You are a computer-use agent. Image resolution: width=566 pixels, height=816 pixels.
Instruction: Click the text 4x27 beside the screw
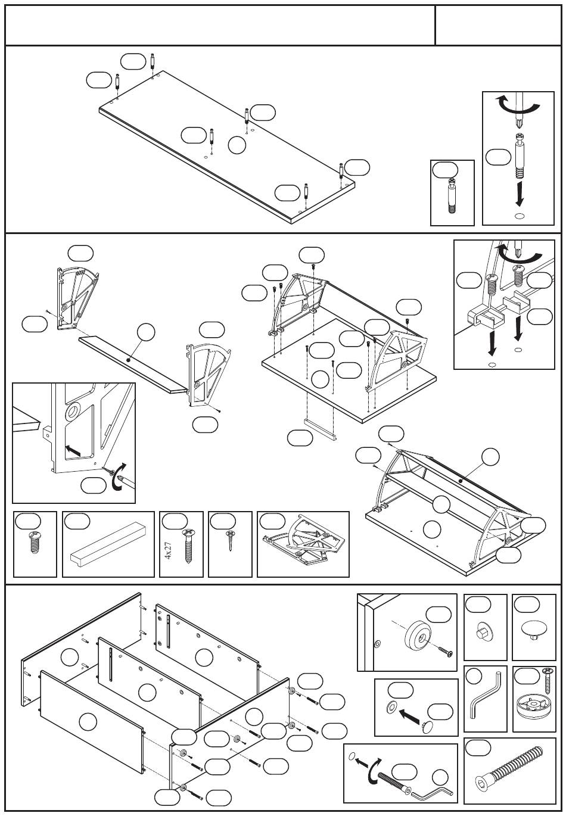pos(168,550)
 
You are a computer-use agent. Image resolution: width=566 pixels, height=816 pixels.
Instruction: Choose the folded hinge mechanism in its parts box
pos(303,544)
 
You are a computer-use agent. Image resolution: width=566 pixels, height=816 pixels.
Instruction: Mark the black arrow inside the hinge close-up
pos(73,450)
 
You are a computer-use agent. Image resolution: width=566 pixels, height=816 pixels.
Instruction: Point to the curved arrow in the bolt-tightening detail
pos(374,770)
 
